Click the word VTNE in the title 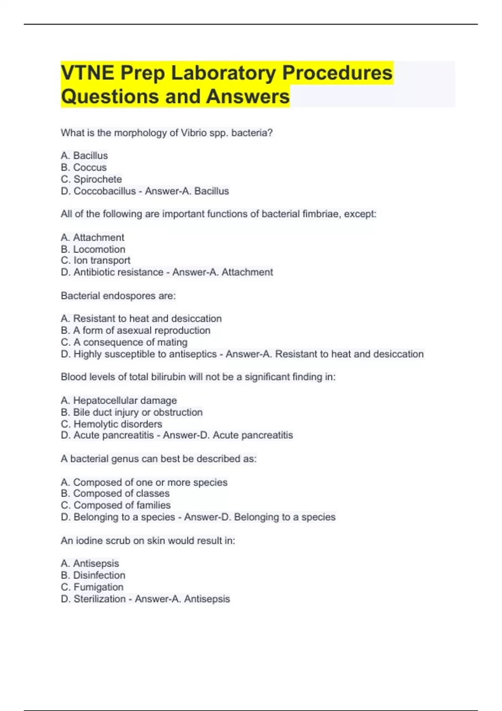click(x=87, y=73)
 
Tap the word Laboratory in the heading click(x=223, y=73)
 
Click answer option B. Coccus click(x=84, y=167)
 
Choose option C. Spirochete click(x=91, y=179)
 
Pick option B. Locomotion click(x=93, y=249)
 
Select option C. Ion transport click(x=95, y=260)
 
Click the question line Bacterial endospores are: click(x=118, y=296)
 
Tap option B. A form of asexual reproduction click(x=136, y=330)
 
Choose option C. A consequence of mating click(x=124, y=342)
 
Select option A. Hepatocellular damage click(x=119, y=400)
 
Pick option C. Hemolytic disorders click(x=111, y=424)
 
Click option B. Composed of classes click(x=115, y=494)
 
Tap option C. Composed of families click(x=115, y=505)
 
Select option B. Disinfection click(x=93, y=575)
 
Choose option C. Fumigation click(x=92, y=587)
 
